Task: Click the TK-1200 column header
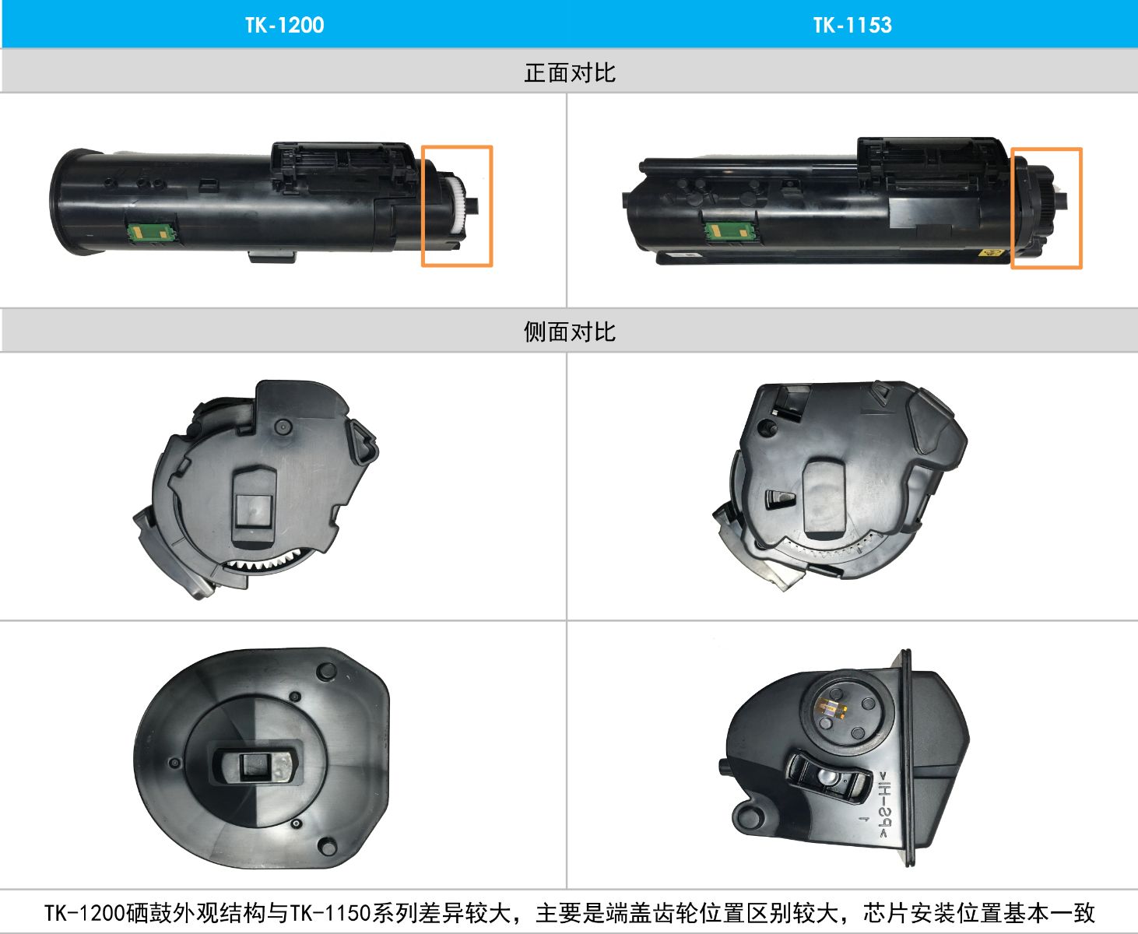coord(284,25)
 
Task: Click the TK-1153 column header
coord(852,25)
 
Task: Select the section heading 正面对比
coord(569,72)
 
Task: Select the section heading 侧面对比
coord(569,332)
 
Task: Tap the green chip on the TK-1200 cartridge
coord(148,231)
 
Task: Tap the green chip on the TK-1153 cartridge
coord(729,230)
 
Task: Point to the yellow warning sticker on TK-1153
coord(993,252)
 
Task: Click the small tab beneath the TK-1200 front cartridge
coord(272,256)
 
